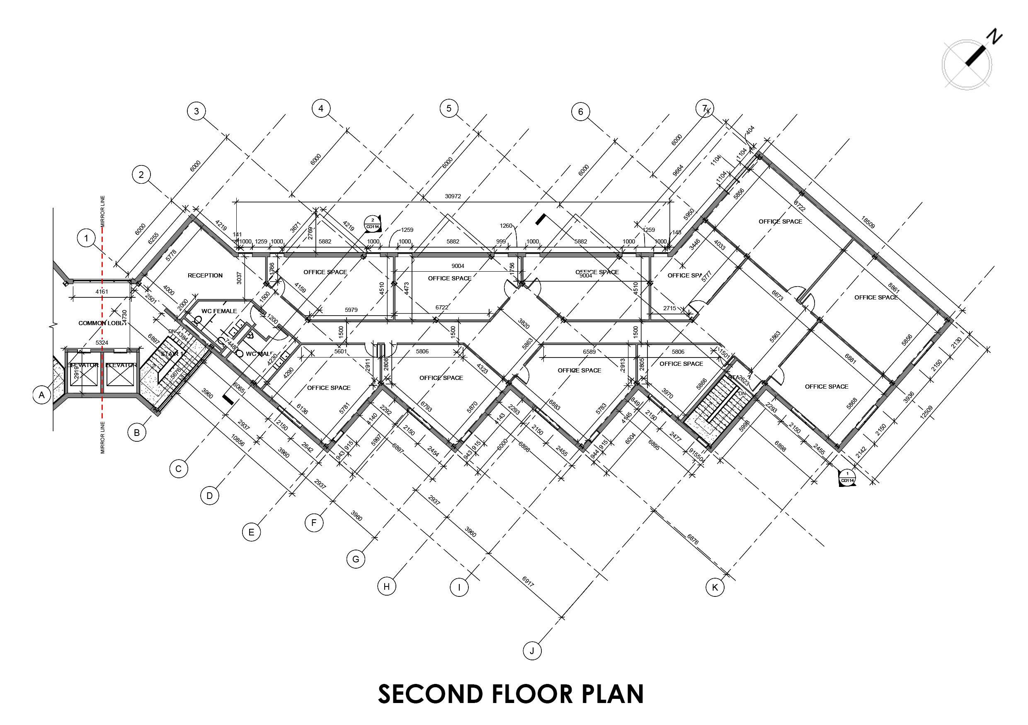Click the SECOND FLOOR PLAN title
click(x=511, y=694)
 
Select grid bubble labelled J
click(x=532, y=651)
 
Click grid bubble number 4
click(x=320, y=108)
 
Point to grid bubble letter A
click(x=41, y=395)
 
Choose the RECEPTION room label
click(x=205, y=275)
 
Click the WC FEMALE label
click(x=219, y=311)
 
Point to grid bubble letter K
click(x=715, y=587)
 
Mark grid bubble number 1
click(x=86, y=238)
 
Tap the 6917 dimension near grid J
click(x=529, y=581)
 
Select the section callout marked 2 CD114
click(x=373, y=223)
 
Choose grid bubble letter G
click(x=356, y=559)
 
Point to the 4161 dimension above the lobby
click(x=102, y=292)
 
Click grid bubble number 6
click(x=581, y=112)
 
